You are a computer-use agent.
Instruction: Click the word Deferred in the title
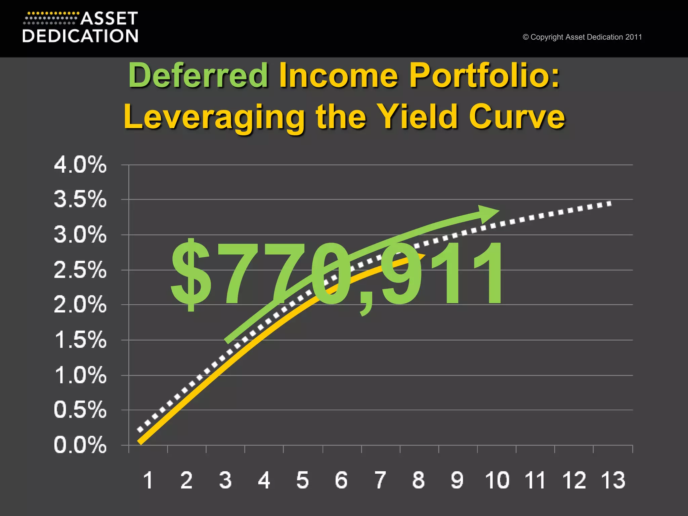tap(198, 75)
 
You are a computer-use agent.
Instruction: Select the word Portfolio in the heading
tap(484, 75)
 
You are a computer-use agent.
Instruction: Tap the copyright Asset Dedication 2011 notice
tap(582, 37)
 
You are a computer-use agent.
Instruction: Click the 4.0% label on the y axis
tap(80, 165)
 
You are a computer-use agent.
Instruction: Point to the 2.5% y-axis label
tap(80, 270)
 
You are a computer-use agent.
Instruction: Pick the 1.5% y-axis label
tap(80, 340)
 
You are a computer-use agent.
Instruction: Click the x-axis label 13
tap(613, 480)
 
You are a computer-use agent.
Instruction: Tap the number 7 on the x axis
tap(380, 480)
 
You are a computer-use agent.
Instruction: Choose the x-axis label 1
tap(148, 480)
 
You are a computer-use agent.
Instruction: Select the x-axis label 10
tap(497, 480)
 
